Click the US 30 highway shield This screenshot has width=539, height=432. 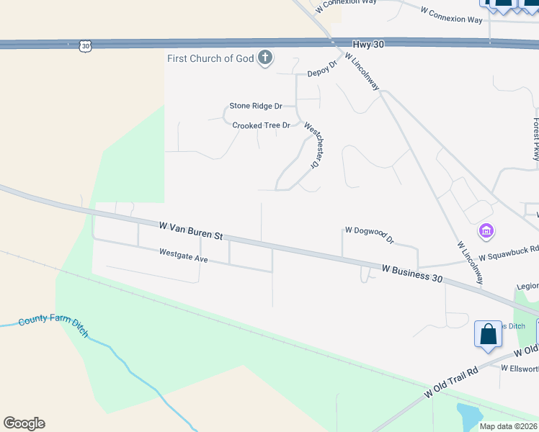85,46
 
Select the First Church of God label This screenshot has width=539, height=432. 210,58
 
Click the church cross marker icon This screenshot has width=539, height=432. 265,58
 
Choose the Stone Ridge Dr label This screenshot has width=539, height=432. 255,106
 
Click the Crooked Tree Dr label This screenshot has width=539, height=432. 261,125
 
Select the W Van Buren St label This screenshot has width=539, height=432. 192,231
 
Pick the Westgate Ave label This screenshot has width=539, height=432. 184,255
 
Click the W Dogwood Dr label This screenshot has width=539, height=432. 370,234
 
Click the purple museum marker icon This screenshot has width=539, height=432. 486,231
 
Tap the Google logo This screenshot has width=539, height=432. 24,423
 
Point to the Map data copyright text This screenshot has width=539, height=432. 509,426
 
